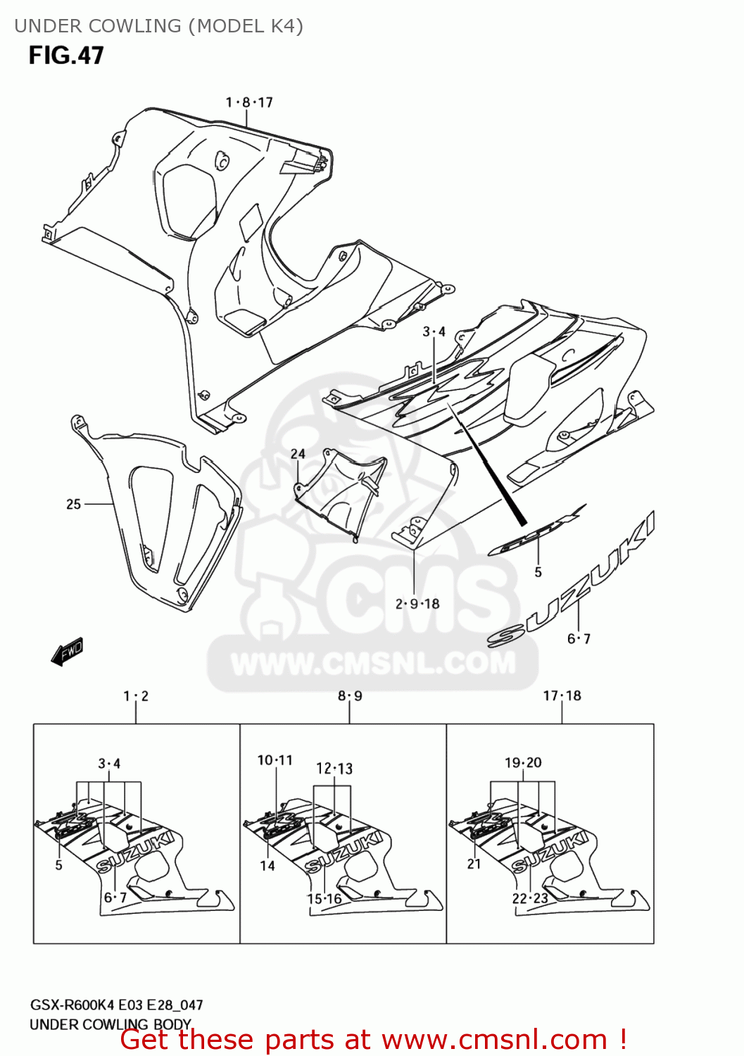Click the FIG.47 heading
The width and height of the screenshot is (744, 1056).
(x=66, y=56)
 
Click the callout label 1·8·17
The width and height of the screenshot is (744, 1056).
(x=249, y=103)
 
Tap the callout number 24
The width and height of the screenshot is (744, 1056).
(x=298, y=454)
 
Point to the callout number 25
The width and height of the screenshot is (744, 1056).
(x=74, y=504)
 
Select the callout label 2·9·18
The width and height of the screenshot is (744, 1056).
(x=417, y=603)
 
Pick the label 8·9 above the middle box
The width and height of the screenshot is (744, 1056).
(x=350, y=696)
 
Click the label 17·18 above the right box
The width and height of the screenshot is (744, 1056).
(x=562, y=696)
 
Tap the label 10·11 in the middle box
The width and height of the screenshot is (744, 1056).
(x=275, y=760)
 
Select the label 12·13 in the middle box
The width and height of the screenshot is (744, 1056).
(x=334, y=769)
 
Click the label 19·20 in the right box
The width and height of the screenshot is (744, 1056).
(x=523, y=762)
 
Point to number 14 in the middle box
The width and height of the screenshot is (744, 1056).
(x=267, y=866)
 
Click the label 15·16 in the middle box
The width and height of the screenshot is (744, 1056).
(x=324, y=899)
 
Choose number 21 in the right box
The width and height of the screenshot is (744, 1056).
(x=474, y=864)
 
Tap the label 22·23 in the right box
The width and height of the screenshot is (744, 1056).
(x=530, y=898)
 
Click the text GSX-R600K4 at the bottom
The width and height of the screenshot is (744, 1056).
(x=71, y=1005)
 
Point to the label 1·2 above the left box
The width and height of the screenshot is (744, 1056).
(x=136, y=696)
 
